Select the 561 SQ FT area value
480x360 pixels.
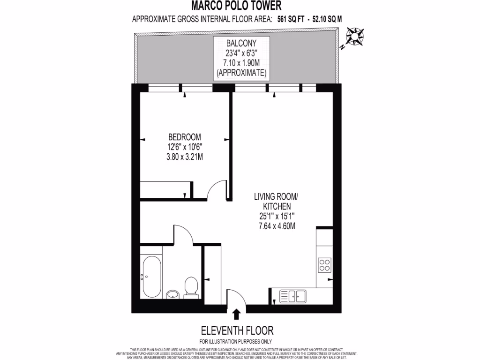pyautogui.click(x=287, y=19)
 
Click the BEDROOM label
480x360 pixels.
pyautogui.click(x=184, y=137)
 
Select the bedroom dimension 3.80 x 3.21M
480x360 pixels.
pyautogui.click(x=184, y=157)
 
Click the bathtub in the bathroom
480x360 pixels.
pyautogui.click(x=151, y=277)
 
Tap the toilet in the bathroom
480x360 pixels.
pyautogui.click(x=191, y=287)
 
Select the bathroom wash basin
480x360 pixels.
pyautogui.click(x=172, y=294)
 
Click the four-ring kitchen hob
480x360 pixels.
pyautogui.click(x=324, y=265)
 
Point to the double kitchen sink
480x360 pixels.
pyautogui.click(x=292, y=296)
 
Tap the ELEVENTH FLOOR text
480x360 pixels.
pyautogui.click(x=237, y=330)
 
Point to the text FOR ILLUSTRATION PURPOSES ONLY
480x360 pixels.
pyautogui.click(x=235, y=341)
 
